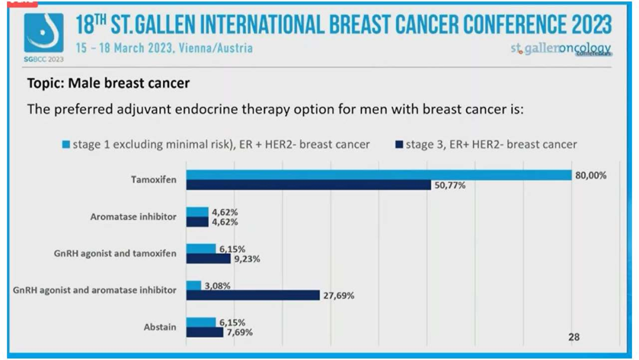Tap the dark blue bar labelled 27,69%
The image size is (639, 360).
(253, 295)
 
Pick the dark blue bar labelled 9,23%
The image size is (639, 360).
(208, 258)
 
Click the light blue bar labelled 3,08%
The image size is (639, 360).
(193, 285)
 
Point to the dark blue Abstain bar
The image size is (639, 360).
(205, 332)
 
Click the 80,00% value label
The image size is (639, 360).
(590, 175)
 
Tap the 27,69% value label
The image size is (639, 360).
(338, 295)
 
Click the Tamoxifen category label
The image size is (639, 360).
(153, 180)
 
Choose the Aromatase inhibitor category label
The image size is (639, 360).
(133, 217)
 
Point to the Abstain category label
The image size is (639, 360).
(160, 327)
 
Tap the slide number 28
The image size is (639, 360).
(574, 337)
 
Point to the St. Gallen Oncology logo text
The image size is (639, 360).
(560, 49)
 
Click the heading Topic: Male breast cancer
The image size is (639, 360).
(108, 83)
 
